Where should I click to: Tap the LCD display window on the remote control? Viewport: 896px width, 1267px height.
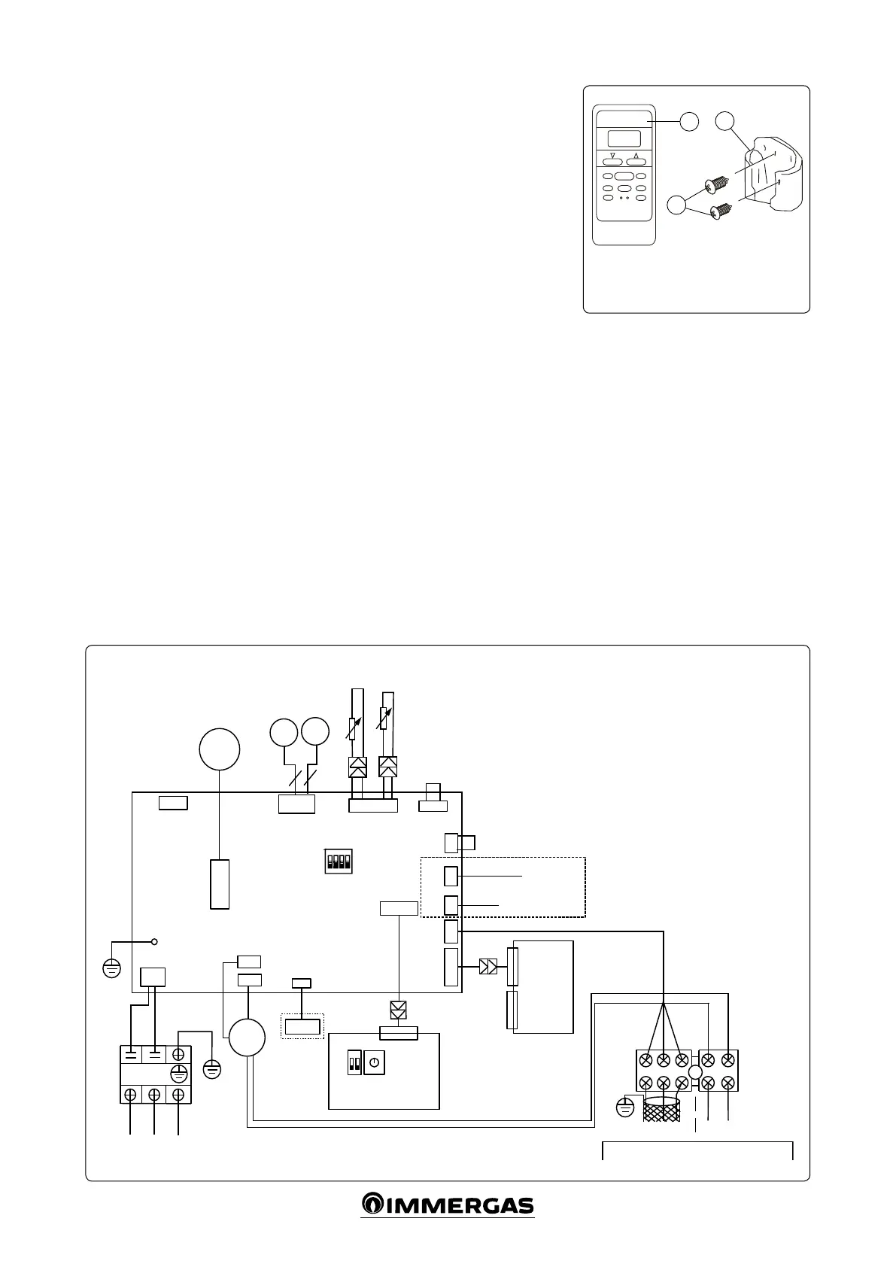click(x=624, y=138)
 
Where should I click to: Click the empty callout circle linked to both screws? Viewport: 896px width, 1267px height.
click(x=677, y=205)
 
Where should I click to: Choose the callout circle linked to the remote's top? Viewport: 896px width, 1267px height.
click(x=689, y=121)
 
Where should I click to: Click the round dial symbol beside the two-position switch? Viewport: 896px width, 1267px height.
click(x=374, y=1064)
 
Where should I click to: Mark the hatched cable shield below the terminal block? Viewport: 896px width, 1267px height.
click(x=662, y=1110)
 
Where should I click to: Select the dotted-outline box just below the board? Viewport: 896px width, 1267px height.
click(x=302, y=1025)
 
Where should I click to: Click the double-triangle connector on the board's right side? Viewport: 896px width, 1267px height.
click(x=487, y=967)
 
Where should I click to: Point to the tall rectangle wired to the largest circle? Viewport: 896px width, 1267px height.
click(x=220, y=883)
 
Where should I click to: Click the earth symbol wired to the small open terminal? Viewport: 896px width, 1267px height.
click(x=111, y=968)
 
